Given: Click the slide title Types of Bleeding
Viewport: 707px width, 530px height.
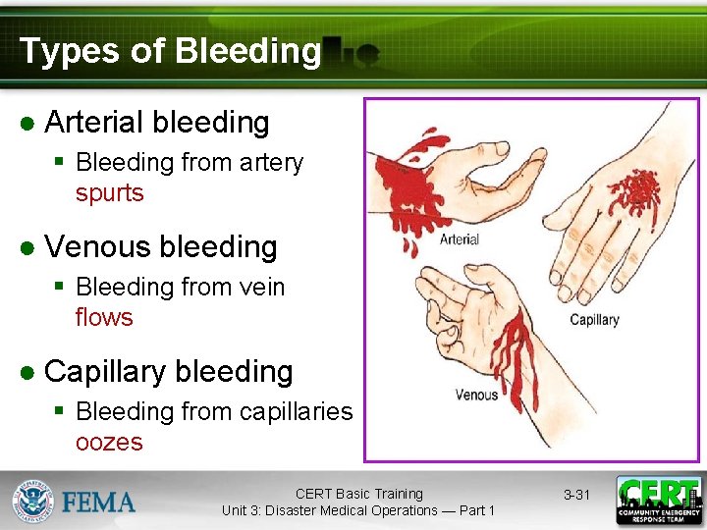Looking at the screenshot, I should click(x=170, y=51).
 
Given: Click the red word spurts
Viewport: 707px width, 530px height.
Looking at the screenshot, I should click(x=109, y=193).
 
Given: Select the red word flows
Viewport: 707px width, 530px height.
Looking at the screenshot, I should click(x=103, y=318).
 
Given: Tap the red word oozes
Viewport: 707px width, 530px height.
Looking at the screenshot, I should click(x=108, y=443).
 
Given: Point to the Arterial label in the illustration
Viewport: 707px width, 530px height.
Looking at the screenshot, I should click(x=459, y=239).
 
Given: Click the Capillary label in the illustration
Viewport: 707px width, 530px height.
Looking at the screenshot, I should click(x=594, y=320).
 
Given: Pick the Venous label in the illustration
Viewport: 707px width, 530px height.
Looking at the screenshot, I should click(x=476, y=395).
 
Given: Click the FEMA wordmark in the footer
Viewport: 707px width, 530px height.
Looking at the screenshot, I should click(x=99, y=503).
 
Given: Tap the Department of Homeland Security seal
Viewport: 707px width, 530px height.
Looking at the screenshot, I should click(x=32, y=501).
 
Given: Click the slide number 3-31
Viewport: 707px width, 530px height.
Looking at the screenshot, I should click(x=576, y=495).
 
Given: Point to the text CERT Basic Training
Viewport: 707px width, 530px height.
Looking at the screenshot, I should click(x=358, y=494).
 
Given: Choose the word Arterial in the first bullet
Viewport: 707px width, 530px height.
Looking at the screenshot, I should click(x=93, y=123).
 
